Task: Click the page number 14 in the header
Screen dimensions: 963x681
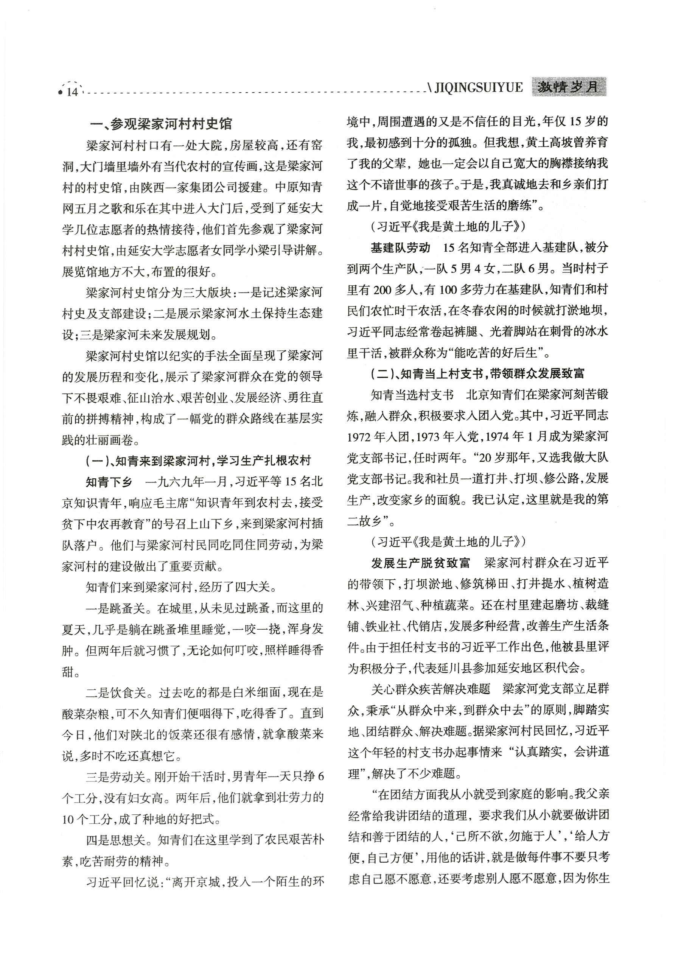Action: pyautogui.click(x=72, y=92)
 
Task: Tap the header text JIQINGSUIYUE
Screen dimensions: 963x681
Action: pyautogui.click(x=479, y=87)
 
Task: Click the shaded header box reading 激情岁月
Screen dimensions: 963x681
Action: pyautogui.click(x=569, y=87)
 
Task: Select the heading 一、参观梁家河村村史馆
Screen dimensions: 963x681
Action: pyautogui.click(x=161, y=124)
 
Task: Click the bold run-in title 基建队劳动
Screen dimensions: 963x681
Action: pyautogui.click(x=400, y=247)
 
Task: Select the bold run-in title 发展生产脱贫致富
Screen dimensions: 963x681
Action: pyautogui.click(x=421, y=563)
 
